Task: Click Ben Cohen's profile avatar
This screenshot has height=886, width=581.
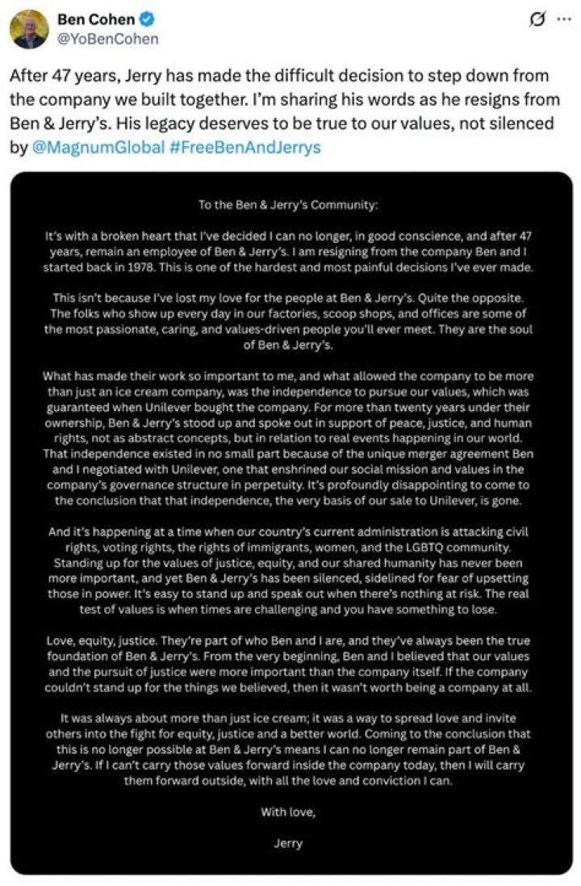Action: [29, 29]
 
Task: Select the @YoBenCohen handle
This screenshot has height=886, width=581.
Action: [108, 38]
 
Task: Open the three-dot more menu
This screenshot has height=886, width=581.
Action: [562, 19]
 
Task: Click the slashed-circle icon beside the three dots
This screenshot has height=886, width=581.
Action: [536, 19]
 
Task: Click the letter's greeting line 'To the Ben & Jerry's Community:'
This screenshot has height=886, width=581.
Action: [288, 205]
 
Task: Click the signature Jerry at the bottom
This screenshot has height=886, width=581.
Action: [288, 843]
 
